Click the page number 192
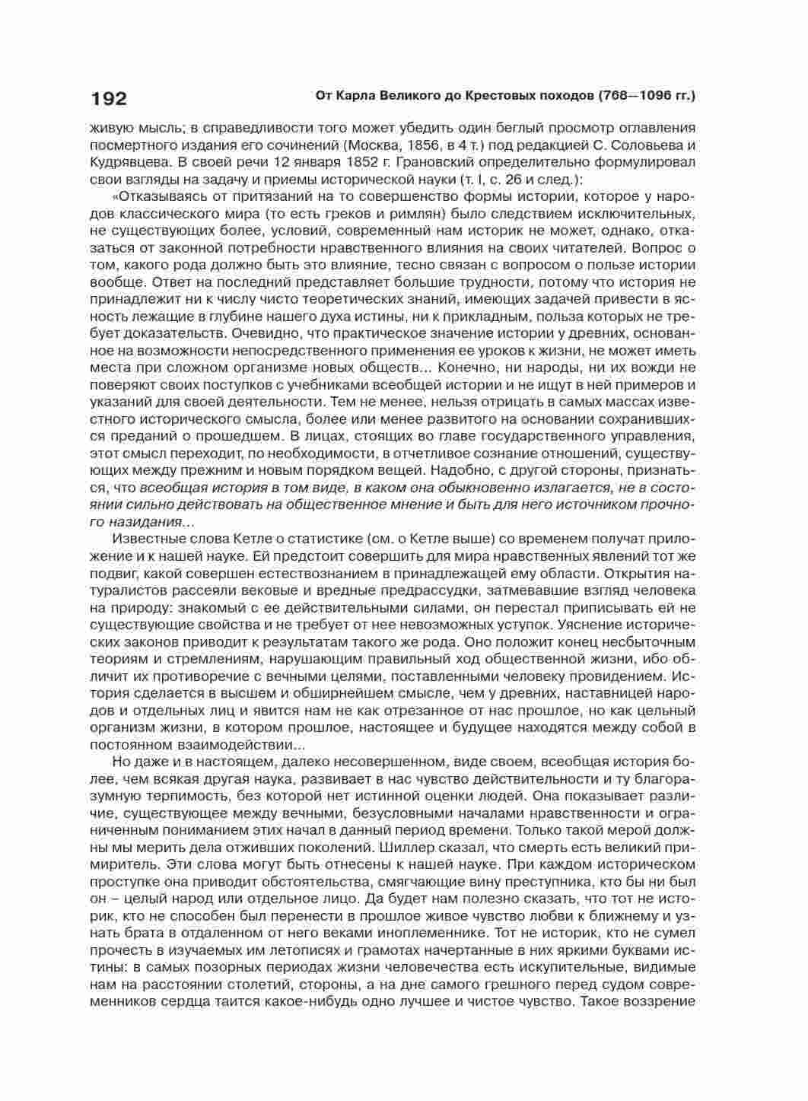[x=109, y=98]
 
